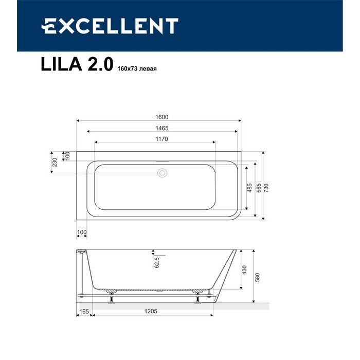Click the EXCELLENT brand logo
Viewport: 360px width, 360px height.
tap(110, 26)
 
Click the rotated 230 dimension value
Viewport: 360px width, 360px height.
tap(54, 163)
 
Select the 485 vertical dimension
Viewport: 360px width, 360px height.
tap(249, 188)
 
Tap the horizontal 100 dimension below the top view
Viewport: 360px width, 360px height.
tap(82, 232)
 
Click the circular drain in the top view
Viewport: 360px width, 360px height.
tap(163, 173)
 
